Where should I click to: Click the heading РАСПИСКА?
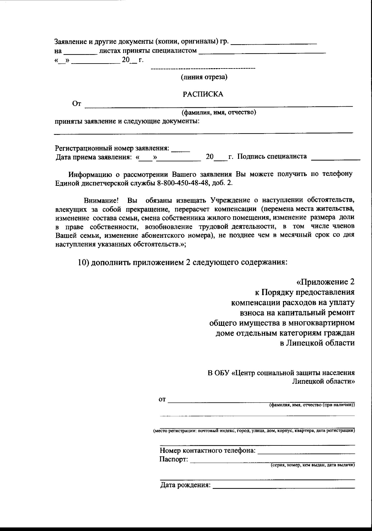(203, 94)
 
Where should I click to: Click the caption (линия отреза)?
(204, 77)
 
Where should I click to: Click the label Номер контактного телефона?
(207, 450)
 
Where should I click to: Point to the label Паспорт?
(174, 459)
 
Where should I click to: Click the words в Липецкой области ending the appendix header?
(317, 343)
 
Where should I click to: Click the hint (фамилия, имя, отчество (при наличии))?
(312, 405)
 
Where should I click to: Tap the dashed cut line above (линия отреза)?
(203, 68)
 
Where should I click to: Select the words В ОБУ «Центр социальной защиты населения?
(281, 373)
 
